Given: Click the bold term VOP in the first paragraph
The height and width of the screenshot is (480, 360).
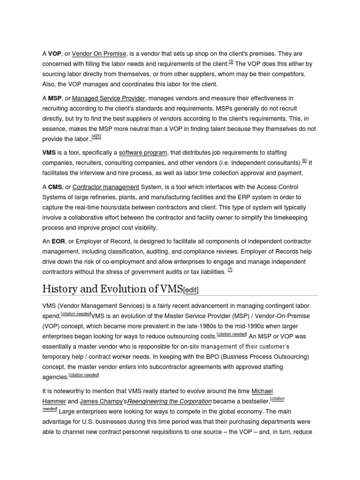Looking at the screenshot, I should pos(55,53).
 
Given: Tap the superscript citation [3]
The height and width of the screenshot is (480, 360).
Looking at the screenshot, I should pos(231,62).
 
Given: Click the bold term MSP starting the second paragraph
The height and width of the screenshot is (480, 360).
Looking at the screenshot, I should pos(55,98).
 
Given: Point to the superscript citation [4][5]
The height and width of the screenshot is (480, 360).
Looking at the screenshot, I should pos(96,136).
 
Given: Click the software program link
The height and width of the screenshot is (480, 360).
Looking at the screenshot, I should pos(143,153).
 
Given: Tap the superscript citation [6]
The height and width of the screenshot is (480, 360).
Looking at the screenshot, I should pos(305,160).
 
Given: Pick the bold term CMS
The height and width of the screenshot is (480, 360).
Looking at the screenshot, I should pos(55,187).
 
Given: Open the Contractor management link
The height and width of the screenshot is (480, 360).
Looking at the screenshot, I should pos(106,187).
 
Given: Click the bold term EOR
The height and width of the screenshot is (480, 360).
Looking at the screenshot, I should pos(59,241).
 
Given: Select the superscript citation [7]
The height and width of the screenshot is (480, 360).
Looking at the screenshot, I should pos(230,270).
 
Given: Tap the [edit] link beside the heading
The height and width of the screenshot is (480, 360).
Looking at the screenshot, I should pos(191,290).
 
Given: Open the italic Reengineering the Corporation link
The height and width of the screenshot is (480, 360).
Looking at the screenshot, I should pos(170,402).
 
